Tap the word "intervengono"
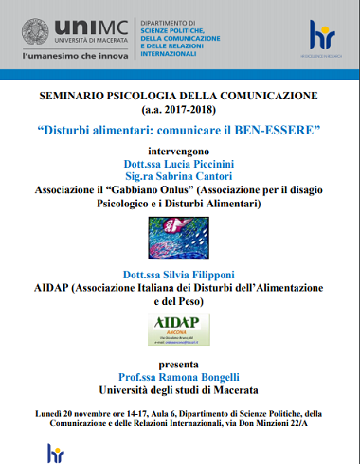179,150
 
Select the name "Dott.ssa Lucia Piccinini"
179,162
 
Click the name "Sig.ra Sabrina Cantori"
179,175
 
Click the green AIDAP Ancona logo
179,328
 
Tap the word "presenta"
179,363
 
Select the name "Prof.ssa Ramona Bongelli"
179,376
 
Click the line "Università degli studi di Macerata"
179,389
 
